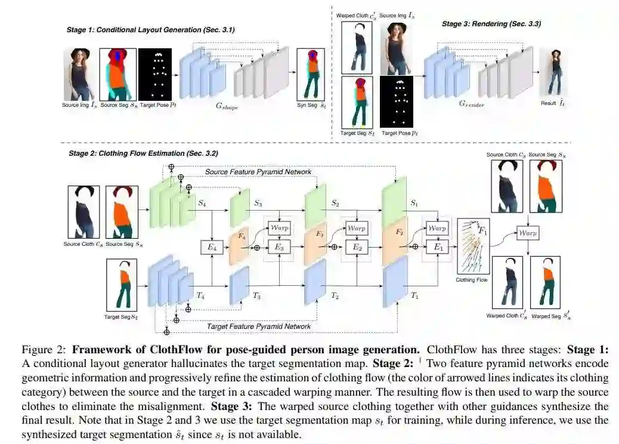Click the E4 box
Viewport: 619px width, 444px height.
[212, 247]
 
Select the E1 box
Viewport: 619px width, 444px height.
[438, 247]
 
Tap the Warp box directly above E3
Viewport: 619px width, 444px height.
[279, 228]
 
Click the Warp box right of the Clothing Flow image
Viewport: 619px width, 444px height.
[528, 233]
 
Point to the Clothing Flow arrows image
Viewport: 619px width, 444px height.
[473, 246]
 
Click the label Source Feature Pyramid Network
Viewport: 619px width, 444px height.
[258, 172]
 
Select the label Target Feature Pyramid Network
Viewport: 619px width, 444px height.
[259, 326]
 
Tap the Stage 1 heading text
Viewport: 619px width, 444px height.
[150, 30]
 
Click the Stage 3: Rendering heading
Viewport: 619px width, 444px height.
[491, 24]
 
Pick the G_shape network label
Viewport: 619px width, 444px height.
[227, 106]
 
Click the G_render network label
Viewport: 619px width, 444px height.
[471, 104]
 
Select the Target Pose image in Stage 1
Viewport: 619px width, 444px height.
[155, 75]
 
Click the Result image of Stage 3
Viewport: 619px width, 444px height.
[554, 72]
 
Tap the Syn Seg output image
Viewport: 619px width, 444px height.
[311, 75]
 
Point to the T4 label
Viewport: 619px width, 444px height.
[200, 295]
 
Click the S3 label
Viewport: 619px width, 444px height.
[258, 203]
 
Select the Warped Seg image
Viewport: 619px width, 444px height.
[545, 282]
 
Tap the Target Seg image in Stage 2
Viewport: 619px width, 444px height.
[122, 285]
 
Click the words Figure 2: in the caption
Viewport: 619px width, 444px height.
[43, 350]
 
